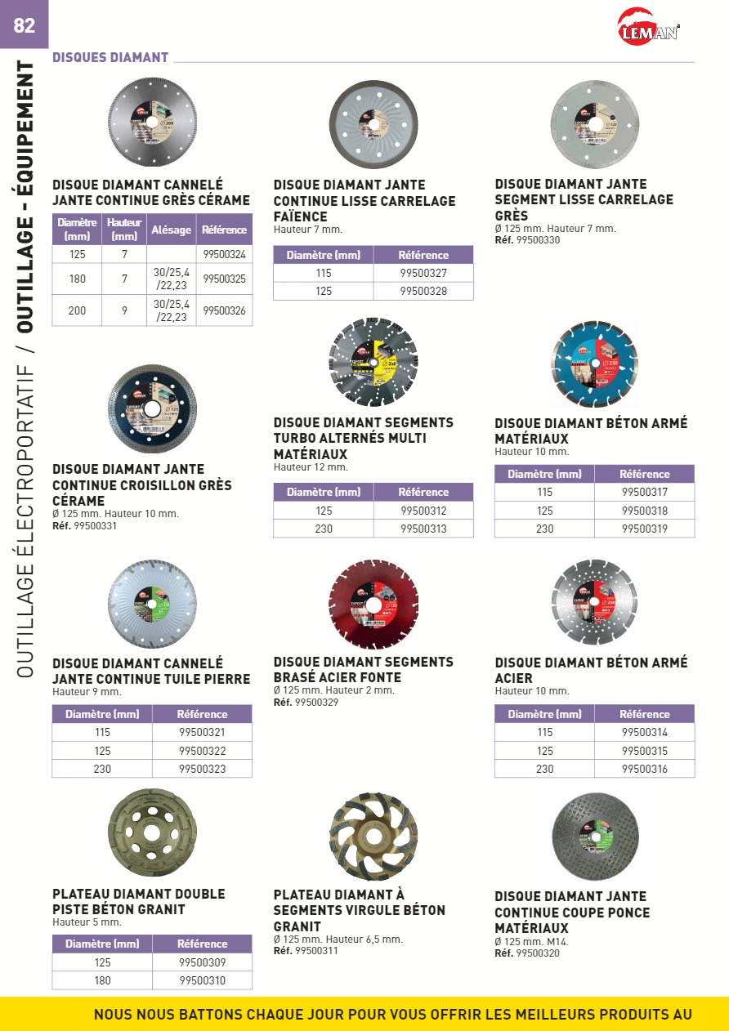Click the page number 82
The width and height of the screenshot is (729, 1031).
(25, 25)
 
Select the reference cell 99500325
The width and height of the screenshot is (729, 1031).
(225, 279)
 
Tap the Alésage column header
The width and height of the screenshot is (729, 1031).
(172, 230)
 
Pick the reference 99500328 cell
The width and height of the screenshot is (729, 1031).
(423, 291)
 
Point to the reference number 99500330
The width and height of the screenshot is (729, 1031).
(539, 240)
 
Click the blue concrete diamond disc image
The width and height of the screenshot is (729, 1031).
(594, 364)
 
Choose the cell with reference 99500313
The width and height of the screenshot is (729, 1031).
(423, 529)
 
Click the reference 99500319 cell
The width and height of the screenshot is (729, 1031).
(645, 529)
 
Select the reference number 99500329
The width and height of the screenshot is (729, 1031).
(316, 703)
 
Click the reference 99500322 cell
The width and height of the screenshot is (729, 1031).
(202, 751)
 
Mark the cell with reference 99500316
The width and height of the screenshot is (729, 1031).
(645, 769)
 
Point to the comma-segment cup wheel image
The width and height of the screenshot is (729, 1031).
(373, 836)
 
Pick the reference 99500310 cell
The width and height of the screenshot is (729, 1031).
(202, 980)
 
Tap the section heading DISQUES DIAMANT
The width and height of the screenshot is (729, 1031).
(110, 58)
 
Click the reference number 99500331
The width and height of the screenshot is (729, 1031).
(96, 526)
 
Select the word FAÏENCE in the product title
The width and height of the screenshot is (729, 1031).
(300, 217)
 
